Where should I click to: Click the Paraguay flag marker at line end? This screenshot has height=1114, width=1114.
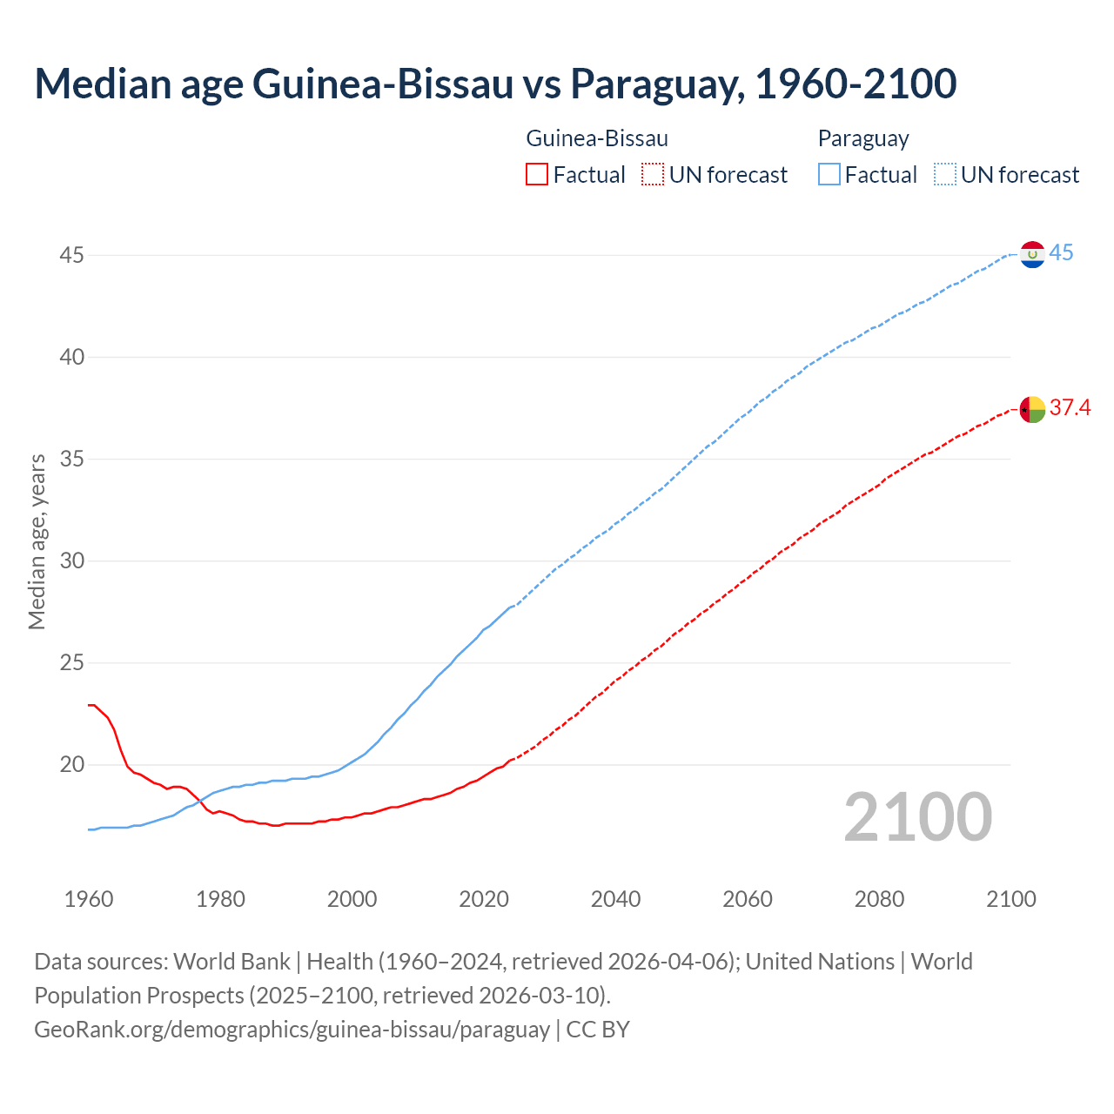tap(1032, 254)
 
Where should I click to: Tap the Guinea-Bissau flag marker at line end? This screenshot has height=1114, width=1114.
tap(1032, 408)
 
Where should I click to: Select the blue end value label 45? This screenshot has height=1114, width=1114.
tap(1061, 253)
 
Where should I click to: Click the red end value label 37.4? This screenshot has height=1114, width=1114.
tap(1070, 407)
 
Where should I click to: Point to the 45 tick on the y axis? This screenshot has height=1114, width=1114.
tap(71, 256)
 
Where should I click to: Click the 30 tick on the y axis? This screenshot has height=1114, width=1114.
tap(71, 561)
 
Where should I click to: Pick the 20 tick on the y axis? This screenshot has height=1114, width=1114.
tap(71, 765)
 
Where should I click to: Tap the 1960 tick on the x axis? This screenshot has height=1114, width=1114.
tap(89, 899)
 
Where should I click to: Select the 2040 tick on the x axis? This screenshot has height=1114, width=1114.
tap(615, 899)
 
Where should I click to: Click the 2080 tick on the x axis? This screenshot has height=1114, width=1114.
tap(879, 899)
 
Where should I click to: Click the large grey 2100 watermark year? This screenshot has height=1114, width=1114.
tap(917, 817)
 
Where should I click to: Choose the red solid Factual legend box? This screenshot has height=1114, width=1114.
tap(537, 175)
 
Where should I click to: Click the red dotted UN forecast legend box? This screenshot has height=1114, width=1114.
tap(653, 175)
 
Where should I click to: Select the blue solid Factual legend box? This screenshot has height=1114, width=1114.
tap(829, 175)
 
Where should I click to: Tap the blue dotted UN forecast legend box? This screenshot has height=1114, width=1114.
tap(945, 175)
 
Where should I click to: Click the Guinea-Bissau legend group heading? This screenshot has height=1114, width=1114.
tap(597, 138)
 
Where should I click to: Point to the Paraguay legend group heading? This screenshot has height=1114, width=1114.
tap(863, 138)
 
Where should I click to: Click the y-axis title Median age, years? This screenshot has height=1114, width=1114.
tap(37, 541)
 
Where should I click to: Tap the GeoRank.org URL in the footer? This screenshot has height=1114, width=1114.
tap(292, 1030)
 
